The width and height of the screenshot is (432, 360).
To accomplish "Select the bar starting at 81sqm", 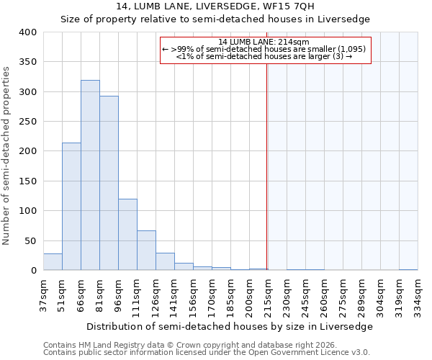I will click(x=109, y=183).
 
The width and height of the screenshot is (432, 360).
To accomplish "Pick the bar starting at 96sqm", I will click(x=127, y=235).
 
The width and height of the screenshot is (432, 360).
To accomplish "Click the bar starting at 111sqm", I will click(x=146, y=251).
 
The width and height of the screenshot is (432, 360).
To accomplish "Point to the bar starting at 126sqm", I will click(x=165, y=262).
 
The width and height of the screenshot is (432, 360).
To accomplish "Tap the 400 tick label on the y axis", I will click(x=27, y=32).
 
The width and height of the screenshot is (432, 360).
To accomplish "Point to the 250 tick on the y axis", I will click(x=27, y=122).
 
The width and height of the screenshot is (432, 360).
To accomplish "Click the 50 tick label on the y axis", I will click(x=30, y=240).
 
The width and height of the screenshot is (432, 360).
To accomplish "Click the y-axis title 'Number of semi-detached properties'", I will click(x=7, y=155).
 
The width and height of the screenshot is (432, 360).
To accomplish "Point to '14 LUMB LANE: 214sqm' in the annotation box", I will click(x=264, y=42).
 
